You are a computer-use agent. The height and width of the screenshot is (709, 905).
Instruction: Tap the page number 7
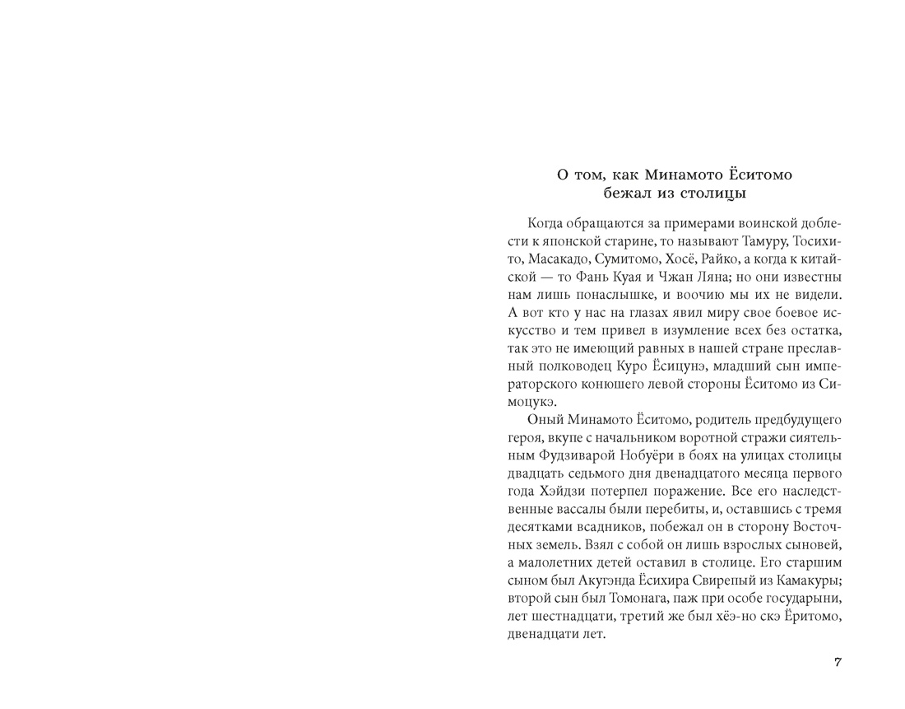(x=838, y=663)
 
